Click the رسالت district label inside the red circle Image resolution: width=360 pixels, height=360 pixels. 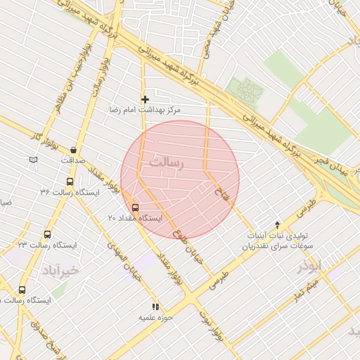(x=166, y=164)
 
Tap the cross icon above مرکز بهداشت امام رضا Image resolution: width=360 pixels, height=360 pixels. (x=146, y=100)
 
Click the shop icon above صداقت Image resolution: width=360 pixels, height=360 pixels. (x=73, y=150)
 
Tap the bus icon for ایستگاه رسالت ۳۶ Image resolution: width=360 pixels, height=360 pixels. (x=69, y=182)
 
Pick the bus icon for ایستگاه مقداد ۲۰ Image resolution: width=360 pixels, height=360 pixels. (x=135, y=207)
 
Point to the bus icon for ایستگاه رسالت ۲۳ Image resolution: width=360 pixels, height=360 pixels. (x=47, y=235)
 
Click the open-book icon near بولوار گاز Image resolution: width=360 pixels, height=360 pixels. (x=33, y=160)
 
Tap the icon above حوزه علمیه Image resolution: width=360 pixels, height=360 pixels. (x=155, y=307)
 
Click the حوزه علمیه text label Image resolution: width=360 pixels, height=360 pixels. (x=152, y=318)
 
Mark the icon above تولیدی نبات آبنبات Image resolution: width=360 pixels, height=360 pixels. (x=277, y=224)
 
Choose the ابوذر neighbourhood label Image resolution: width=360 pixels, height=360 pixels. (x=309, y=265)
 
